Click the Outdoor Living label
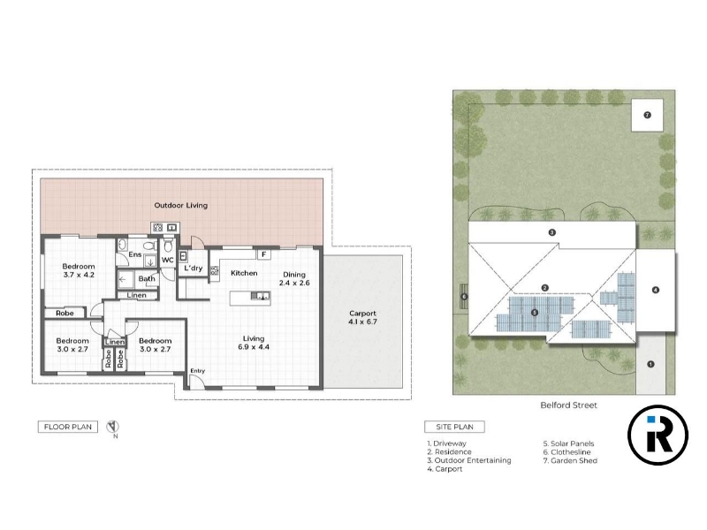coord(181,206)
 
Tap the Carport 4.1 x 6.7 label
coord(362,317)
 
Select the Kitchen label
coord(244,273)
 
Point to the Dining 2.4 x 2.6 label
coord(294,278)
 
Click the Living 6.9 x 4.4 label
coord(254,343)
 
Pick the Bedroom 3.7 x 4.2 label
coord(79,270)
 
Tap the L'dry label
coord(193,269)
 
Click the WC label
coord(167,260)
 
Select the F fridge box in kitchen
coord(263,254)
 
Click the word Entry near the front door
coord(197,371)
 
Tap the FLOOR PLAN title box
coord(68,427)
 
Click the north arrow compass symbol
coord(113,427)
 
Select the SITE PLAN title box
coord(454,427)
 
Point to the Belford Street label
coord(568,405)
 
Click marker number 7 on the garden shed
coord(647,116)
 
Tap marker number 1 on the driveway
coord(650,364)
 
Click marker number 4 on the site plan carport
coord(656,291)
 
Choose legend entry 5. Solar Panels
coord(568,443)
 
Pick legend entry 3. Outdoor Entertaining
coord(469,460)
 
